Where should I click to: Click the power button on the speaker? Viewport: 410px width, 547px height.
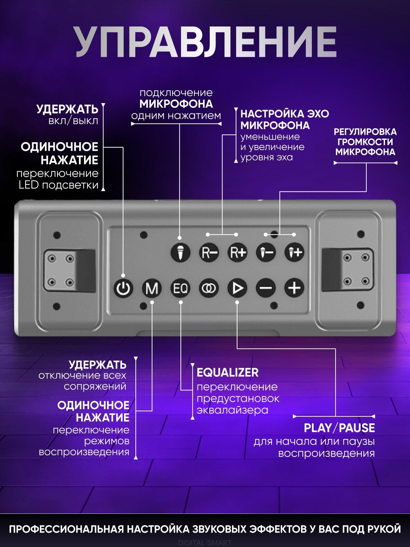[x=123, y=288]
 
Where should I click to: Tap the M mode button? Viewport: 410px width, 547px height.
[x=152, y=288]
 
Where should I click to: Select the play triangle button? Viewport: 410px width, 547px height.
[x=237, y=288]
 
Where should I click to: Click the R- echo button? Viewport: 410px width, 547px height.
[x=209, y=253]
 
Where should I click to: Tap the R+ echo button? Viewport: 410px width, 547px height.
[x=237, y=253]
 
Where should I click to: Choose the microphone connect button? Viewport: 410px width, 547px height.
[x=180, y=253]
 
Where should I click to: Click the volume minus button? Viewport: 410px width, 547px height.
[x=266, y=288]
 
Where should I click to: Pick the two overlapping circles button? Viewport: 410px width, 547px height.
[x=209, y=288]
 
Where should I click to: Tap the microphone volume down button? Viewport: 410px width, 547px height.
[x=266, y=253]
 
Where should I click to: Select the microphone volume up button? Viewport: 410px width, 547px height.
[x=295, y=253]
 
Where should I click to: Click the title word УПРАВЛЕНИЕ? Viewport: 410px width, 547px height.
[x=206, y=42]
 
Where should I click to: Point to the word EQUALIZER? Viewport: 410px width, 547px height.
[x=228, y=372]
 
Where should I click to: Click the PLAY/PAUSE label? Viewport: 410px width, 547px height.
[x=339, y=428]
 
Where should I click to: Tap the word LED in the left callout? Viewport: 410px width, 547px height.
[x=29, y=185]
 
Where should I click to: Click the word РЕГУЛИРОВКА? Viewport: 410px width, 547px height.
[x=365, y=132]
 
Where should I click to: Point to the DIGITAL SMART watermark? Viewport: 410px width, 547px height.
[x=205, y=543]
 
